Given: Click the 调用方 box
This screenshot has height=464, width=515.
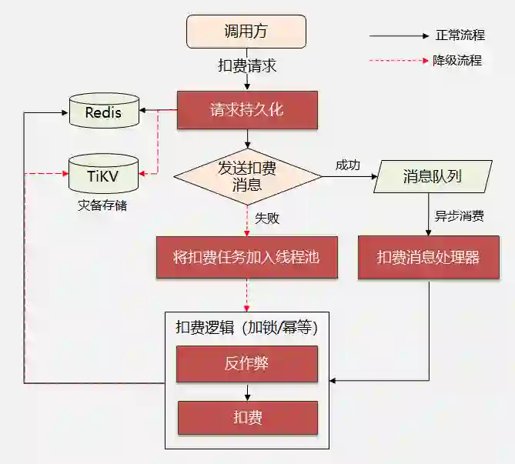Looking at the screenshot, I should [246, 32].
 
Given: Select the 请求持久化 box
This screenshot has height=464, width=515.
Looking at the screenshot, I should [246, 110].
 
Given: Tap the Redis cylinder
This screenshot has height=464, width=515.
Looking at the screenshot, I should [104, 112].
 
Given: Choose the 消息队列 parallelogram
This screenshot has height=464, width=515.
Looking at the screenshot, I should [432, 176].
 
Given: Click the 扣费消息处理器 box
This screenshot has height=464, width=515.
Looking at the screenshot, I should [428, 257].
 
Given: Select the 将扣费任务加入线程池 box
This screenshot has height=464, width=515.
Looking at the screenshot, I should [246, 257].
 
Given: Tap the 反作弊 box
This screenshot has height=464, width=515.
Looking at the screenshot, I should [246, 364].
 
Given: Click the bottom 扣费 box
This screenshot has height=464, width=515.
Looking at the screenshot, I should [246, 418].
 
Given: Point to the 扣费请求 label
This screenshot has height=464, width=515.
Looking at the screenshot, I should [246, 66].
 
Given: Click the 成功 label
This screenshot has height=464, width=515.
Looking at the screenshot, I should [347, 165].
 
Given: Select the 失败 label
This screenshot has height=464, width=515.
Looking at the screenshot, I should [267, 218].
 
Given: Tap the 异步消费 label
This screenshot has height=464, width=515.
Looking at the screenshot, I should [459, 216].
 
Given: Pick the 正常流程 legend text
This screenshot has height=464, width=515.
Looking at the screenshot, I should [460, 35].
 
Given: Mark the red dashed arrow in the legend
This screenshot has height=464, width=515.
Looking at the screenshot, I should [398, 60].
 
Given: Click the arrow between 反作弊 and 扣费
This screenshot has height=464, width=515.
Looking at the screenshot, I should [247, 392].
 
